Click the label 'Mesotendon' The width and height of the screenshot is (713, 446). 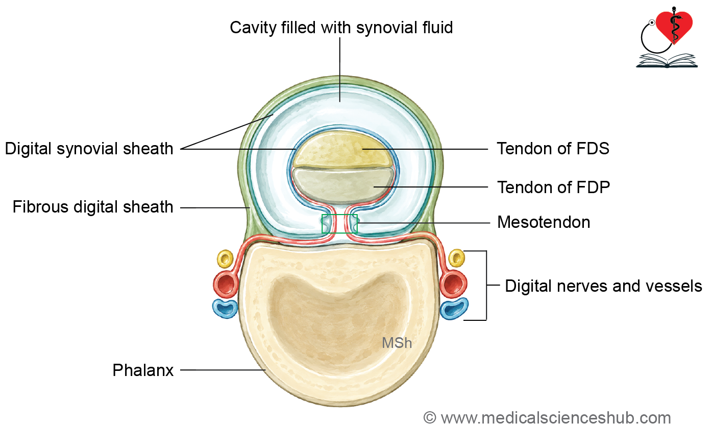(544, 222)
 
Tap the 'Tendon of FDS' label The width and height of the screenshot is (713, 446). (553, 149)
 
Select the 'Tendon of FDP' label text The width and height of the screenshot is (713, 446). (554, 187)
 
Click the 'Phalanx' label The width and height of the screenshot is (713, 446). (143, 370)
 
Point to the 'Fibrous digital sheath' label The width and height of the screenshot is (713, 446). (92, 207)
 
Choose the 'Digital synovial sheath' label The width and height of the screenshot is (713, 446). (89, 149)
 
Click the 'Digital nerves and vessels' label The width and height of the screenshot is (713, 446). (603, 286)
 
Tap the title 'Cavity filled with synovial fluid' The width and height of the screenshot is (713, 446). (341, 28)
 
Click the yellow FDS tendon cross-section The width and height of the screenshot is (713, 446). (341, 149)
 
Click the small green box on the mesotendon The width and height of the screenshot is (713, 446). (339, 224)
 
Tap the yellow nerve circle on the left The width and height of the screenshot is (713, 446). (225, 259)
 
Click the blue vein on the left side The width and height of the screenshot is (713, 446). (225, 309)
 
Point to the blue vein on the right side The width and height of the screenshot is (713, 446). (454, 309)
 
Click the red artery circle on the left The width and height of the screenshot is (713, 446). (226, 284)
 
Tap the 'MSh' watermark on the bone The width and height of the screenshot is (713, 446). (397, 343)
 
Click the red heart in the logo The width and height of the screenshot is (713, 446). (674, 26)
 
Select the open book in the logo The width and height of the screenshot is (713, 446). (667, 61)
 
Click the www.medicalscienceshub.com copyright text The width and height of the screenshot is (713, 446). (547, 418)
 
